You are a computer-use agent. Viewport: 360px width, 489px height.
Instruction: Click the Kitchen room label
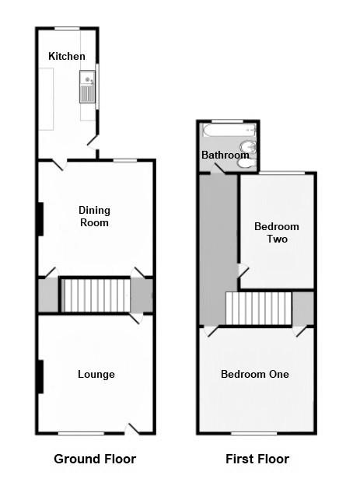67,56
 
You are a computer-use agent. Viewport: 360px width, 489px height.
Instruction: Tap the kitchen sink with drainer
87,86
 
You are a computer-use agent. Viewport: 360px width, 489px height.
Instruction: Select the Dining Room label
94,216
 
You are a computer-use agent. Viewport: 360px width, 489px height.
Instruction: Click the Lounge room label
96,374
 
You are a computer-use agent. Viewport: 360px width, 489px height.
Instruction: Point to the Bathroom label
225,155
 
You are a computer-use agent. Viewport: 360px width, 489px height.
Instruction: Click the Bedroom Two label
277,232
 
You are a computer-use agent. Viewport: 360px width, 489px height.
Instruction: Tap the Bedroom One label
255,374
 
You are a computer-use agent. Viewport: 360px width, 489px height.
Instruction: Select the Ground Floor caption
95,459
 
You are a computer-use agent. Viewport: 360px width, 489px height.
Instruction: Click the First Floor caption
257,459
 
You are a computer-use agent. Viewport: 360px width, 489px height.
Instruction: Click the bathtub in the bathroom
229,130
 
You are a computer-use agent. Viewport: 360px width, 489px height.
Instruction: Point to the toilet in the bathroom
247,163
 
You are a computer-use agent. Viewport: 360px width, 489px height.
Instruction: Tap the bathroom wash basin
248,147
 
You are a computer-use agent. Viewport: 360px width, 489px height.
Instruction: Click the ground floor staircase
96,295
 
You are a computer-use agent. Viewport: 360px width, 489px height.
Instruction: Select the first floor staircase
258,308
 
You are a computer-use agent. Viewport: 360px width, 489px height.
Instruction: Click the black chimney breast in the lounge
40,376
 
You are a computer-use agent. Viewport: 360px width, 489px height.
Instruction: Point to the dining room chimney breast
40,219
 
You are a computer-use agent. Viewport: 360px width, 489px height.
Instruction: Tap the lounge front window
81,434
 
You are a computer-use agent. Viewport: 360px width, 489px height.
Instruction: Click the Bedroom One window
254,434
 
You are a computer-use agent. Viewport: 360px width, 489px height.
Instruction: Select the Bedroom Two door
243,271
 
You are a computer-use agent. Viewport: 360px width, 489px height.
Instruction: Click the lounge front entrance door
132,429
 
